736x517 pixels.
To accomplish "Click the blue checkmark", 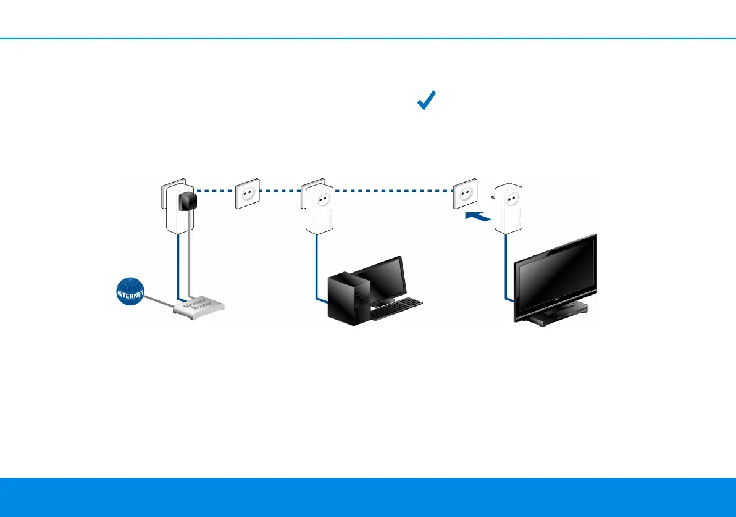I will pos(427,101).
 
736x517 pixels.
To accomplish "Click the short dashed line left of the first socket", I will pos(214,191).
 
